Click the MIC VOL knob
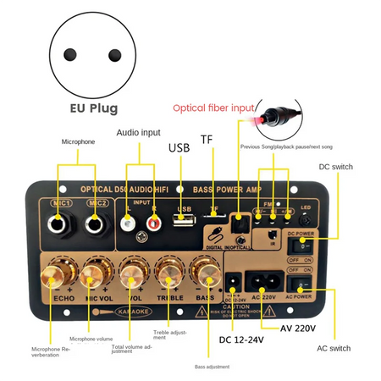(x=94, y=274)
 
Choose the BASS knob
(x=204, y=273)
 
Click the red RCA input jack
(x=154, y=223)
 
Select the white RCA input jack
(x=127, y=223)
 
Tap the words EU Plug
(x=94, y=109)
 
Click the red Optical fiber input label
(x=213, y=108)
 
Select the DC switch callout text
(x=335, y=168)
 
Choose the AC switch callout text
(x=334, y=348)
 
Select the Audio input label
(x=139, y=132)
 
